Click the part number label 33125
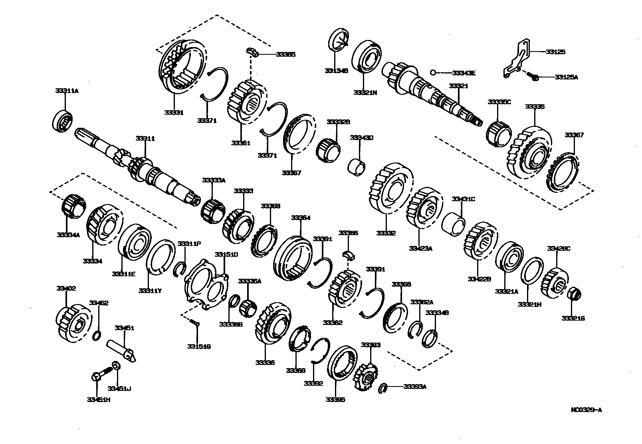click(x=556, y=52)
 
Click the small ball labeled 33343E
click(x=433, y=73)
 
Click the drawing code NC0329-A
click(x=586, y=410)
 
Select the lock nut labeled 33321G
click(x=574, y=294)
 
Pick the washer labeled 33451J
click(x=115, y=365)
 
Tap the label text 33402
click(x=66, y=288)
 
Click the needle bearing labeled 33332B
click(x=328, y=151)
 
